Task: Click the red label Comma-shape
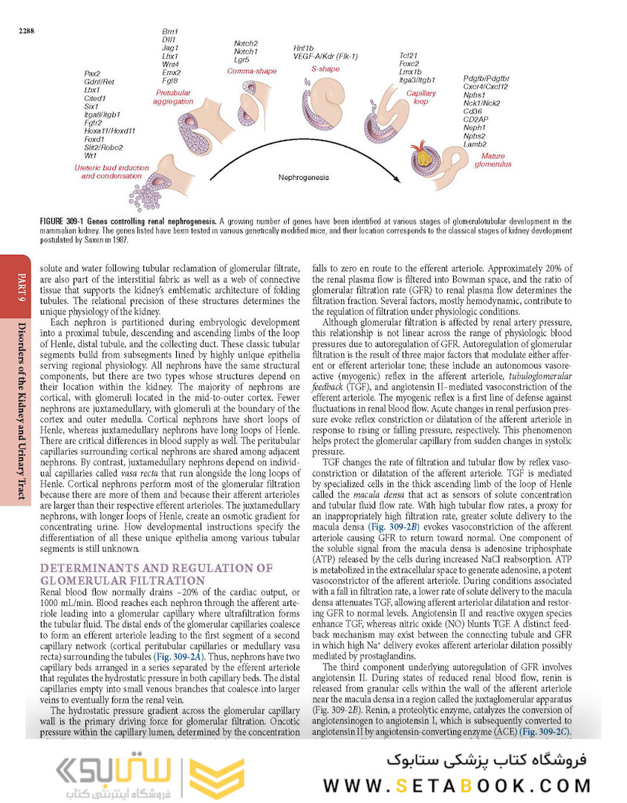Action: click(251, 71)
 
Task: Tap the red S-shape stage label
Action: click(325, 68)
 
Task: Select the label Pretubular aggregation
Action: click(172, 97)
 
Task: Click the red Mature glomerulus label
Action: click(493, 159)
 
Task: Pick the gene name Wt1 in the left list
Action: click(91, 155)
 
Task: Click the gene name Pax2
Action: click(93, 74)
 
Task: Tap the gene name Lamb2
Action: click(475, 143)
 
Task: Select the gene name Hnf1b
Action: click(303, 48)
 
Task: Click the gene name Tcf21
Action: click(408, 55)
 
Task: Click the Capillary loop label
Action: click(421, 97)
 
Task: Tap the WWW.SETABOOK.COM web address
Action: click(457, 785)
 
